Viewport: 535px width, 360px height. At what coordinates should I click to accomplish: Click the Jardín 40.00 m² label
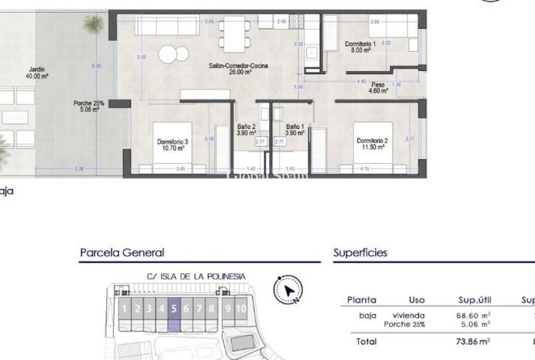point(37,72)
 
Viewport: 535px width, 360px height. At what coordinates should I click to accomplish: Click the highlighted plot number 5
point(174,308)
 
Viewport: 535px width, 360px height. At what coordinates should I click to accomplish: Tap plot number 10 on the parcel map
point(242,308)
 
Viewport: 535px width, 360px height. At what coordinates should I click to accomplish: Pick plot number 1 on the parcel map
point(125,308)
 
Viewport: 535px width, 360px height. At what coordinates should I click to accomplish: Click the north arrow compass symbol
point(288,290)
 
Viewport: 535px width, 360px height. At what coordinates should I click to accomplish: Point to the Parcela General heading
point(122,253)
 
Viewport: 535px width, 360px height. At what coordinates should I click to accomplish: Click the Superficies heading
point(360,253)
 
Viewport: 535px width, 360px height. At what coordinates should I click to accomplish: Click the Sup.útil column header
point(475,300)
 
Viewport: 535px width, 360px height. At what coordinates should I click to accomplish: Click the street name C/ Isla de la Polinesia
point(196,276)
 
